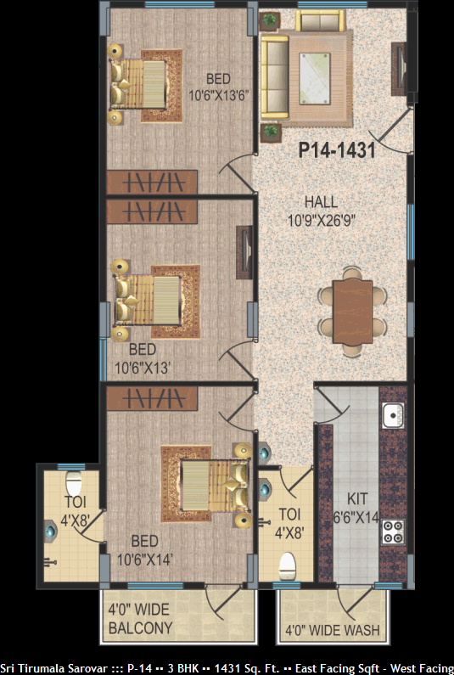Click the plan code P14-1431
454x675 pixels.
(x=337, y=150)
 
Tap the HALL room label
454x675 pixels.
(x=321, y=202)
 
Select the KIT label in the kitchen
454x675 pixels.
(x=357, y=499)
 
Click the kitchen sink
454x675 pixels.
(x=393, y=415)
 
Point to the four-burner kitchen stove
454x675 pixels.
(x=393, y=532)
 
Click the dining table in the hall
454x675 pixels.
(x=352, y=312)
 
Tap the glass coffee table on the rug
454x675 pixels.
(x=315, y=78)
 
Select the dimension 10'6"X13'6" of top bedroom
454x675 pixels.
(x=219, y=95)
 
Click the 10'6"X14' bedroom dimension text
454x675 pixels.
(x=145, y=560)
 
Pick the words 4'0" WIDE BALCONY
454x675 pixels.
(x=140, y=619)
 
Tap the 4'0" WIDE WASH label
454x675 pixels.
(x=333, y=631)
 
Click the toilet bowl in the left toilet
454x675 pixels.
(x=74, y=482)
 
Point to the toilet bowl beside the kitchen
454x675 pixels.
(x=287, y=565)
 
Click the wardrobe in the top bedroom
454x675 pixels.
(x=152, y=182)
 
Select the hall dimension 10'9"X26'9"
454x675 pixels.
(x=321, y=221)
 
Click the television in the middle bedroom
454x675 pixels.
(x=244, y=252)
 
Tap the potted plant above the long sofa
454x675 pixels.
(x=270, y=20)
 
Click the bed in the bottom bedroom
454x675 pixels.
(x=215, y=485)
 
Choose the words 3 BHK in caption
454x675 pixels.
(x=183, y=668)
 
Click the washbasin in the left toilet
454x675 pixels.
(x=51, y=531)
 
